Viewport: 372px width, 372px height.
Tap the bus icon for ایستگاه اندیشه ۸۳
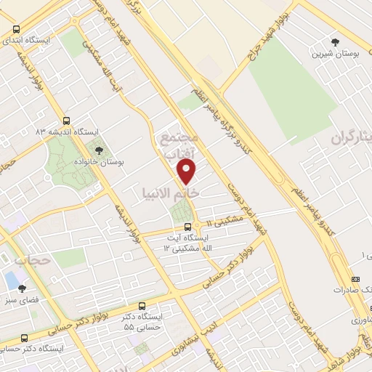point(67,121)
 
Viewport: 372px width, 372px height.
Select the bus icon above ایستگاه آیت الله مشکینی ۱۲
point(187,226)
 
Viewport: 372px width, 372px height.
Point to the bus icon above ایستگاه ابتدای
point(17,29)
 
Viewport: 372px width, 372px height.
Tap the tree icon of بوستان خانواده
point(99,150)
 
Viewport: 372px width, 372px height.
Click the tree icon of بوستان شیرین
point(335,42)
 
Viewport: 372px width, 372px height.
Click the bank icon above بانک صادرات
point(355,279)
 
